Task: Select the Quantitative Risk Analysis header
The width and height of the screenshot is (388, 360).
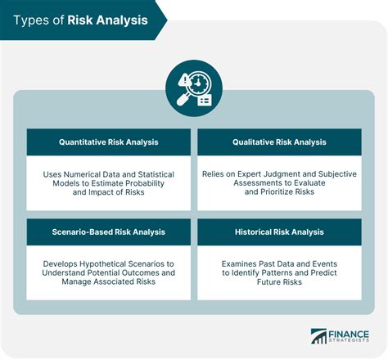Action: pos(109,142)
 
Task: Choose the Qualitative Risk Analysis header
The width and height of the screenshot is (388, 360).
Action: pos(279,142)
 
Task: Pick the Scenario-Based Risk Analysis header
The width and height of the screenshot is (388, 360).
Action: pos(109,232)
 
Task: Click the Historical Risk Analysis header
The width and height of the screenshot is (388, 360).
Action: pos(279,232)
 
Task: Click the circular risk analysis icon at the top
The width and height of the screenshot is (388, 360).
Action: pos(193,88)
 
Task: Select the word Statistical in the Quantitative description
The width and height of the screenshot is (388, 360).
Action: pos(156,173)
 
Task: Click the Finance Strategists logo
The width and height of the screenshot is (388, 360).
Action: pos(341,338)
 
